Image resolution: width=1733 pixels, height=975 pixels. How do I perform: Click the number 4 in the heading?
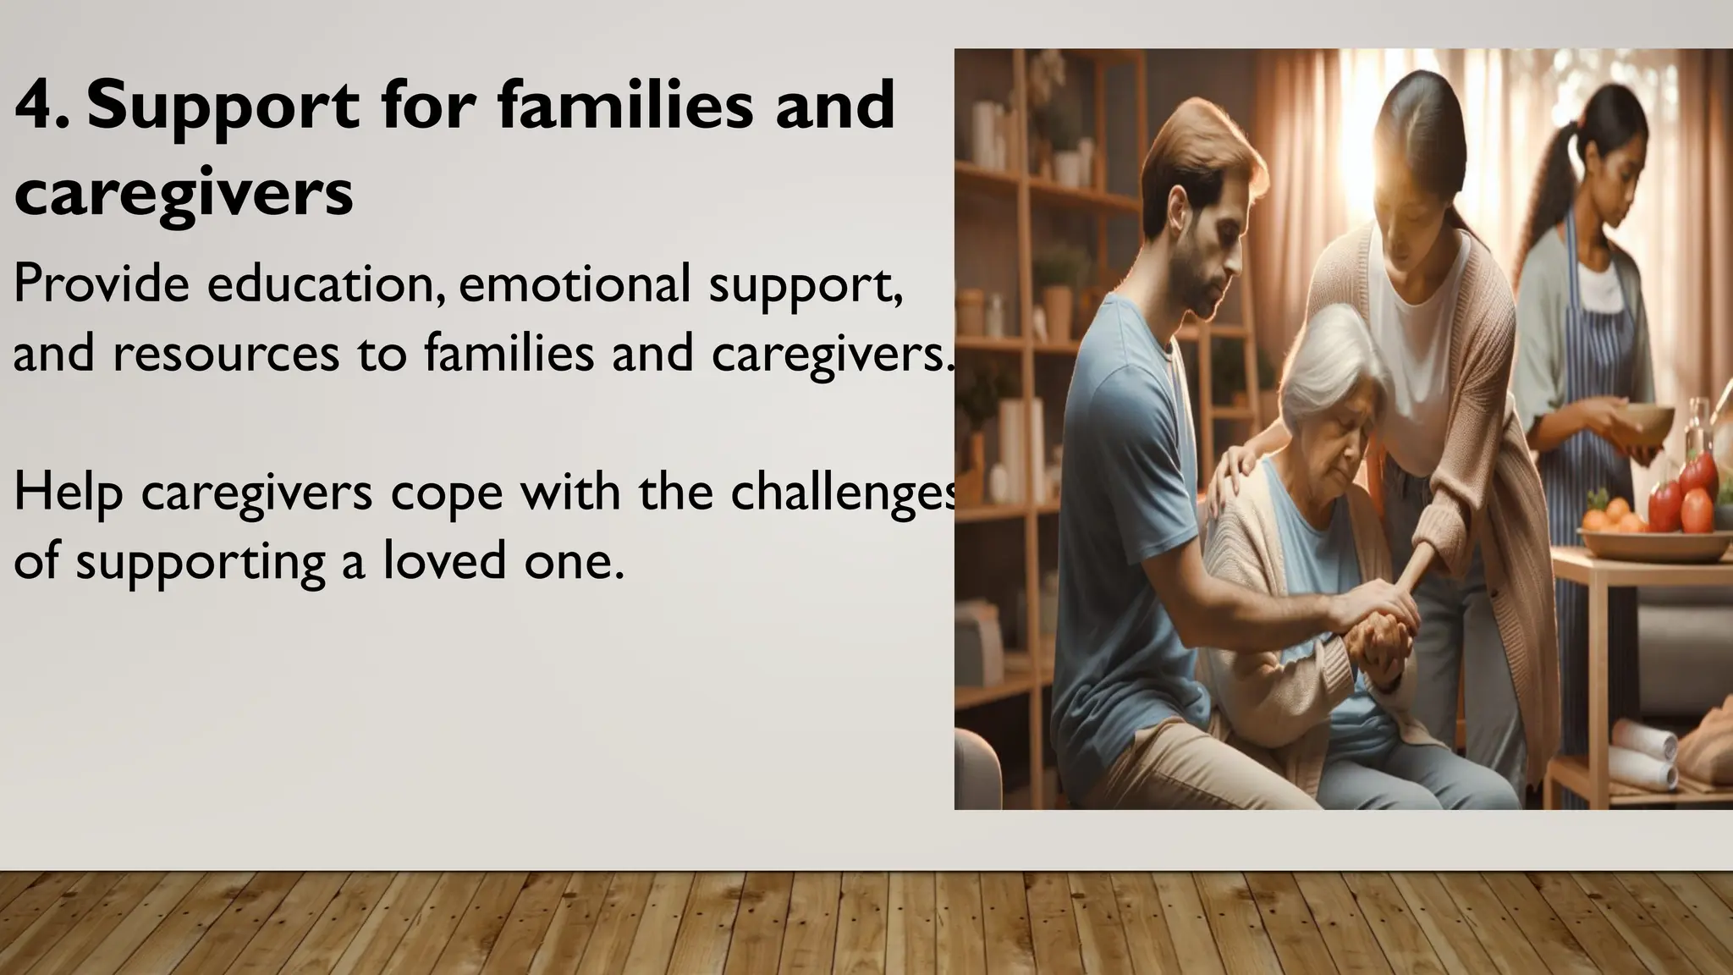point(35,106)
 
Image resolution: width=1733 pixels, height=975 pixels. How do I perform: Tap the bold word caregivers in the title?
point(183,193)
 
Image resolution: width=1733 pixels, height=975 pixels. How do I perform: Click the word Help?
point(68,494)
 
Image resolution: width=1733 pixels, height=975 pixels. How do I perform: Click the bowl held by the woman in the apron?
point(1648,422)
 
